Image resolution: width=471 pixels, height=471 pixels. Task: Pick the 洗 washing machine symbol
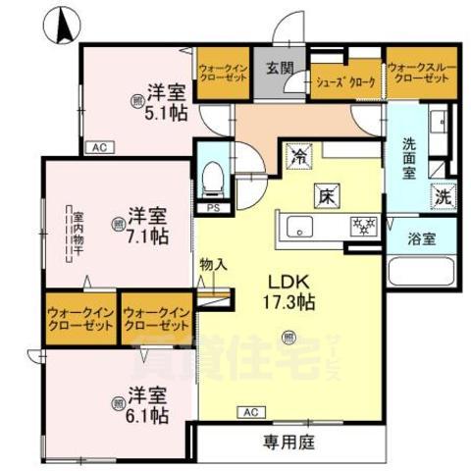point(445,195)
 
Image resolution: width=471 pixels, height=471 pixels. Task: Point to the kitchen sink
point(298,228)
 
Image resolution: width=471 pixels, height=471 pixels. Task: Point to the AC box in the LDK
point(251,412)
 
